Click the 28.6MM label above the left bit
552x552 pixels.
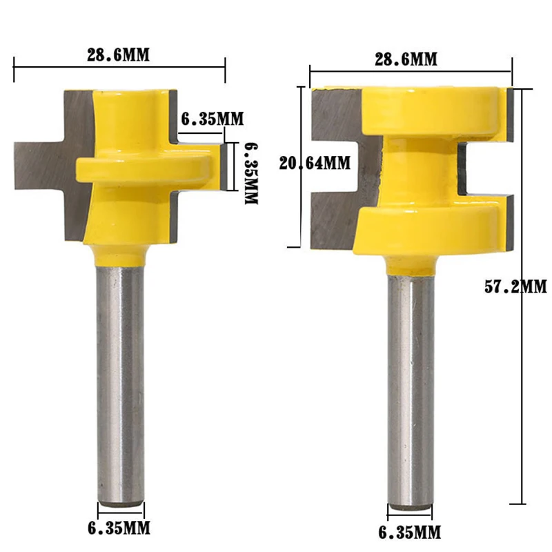(118, 55)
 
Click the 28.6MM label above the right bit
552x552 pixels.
(406, 59)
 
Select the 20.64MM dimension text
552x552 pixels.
(315, 164)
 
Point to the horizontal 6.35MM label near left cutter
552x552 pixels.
(212, 119)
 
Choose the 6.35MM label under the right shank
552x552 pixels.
(410, 532)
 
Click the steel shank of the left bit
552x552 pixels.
(120, 379)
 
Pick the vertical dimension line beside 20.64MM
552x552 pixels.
(299, 207)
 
